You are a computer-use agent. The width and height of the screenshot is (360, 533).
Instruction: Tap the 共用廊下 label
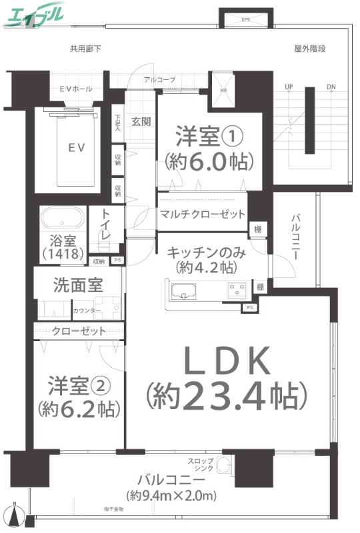tap(85, 49)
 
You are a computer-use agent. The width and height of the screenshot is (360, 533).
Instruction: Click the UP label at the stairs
tap(289, 87)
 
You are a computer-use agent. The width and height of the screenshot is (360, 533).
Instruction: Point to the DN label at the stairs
tap(331, 87)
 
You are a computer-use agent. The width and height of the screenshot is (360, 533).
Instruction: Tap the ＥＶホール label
tap(75, 89)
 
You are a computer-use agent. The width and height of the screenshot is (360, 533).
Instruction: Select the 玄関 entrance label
tap(141, 122)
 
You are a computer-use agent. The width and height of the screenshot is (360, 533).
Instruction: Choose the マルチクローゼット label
tap(203, 215)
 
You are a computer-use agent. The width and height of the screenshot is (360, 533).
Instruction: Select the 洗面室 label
tap(78, 285)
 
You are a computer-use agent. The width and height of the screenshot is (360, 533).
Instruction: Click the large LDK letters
tap(227, 363)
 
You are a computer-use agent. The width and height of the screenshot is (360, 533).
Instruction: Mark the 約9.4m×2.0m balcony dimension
tap(172, 496)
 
